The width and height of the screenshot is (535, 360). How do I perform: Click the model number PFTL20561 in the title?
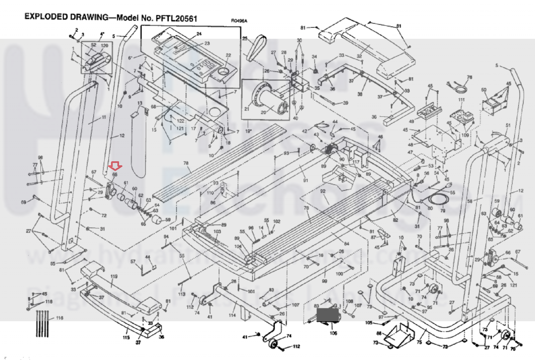coord(176,18)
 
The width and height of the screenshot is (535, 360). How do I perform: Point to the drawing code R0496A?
coord(239,21)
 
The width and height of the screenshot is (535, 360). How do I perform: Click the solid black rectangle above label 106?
coord(328,315)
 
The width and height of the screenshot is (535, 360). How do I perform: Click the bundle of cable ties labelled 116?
coord(42,323)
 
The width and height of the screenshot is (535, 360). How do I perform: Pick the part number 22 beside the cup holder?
coord(228,56)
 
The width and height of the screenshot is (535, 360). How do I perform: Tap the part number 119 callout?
coord(114,277)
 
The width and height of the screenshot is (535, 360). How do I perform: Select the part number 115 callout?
coord(126,337)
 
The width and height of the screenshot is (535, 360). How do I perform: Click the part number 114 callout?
coord(232,315)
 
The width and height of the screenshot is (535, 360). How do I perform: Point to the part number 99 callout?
coord(324,281)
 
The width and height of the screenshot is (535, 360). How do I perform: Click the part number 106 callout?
coord(333,333)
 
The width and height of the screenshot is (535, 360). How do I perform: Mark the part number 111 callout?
coord(461,100)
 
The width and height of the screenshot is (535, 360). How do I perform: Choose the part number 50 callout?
coord(484,90)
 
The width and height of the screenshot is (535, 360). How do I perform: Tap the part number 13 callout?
coord(140,103)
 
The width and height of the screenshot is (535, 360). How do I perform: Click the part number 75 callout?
coord(419,342)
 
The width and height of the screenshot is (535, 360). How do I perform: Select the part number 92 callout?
coord(323,192)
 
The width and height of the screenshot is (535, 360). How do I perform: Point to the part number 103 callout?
coord(217,231)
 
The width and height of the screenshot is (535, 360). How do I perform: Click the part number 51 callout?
coord(508,125)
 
